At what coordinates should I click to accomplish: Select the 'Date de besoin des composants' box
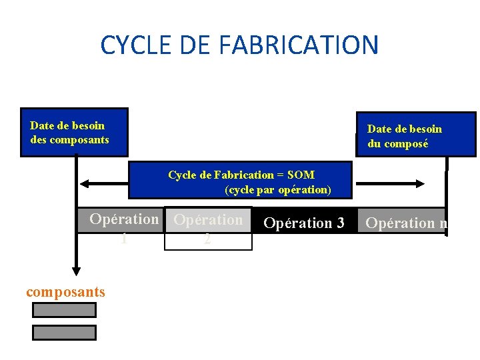coord(73,132)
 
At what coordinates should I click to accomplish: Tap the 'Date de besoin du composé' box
coord(415,135)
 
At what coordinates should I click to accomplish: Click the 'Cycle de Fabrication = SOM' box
coord(240,180)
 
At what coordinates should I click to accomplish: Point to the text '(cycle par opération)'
coord(277,189)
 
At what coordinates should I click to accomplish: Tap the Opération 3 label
coord(303,223)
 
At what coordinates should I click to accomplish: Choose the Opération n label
coord(406,223)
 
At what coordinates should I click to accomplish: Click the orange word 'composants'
coord(65,291)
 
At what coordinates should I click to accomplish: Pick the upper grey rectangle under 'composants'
coord(64,309)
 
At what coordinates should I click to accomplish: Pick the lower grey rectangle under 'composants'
coord(64,332)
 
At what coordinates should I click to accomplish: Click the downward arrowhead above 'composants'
coord(77,269)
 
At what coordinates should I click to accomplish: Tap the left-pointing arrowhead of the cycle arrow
coord(83,183)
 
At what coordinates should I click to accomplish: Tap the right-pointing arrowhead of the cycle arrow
coord(421,183)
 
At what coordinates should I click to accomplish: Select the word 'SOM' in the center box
coord(300,175)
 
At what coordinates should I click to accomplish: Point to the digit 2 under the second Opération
coord(208,239)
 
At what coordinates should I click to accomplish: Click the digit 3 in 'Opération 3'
coord(340,223)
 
